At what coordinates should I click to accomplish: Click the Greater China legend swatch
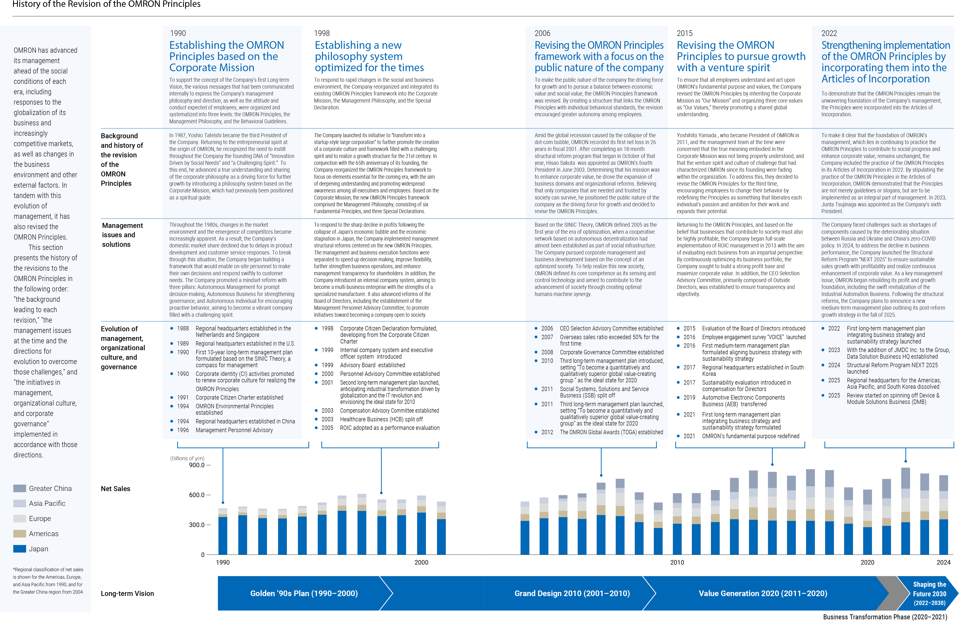click(19, 488)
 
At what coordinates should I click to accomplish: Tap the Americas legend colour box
click(19, 534)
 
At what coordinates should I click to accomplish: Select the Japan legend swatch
click(19, 549)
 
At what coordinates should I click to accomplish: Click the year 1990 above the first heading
click(178, 33)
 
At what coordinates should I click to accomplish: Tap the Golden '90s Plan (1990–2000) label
click(304, 593)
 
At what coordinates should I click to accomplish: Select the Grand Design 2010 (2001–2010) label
click(572, 593)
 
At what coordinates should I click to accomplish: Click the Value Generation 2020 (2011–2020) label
click(763, 593)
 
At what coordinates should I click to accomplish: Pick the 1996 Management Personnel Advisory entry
click(234, 430)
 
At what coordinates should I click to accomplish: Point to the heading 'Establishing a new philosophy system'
click(369, 56)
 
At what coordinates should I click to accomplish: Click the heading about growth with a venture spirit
click(741, 56)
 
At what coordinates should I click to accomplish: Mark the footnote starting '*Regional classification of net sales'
click(48, 581)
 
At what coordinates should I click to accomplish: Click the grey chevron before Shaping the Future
click(887, 593)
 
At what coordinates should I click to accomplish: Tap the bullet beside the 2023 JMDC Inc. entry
click(823, 350)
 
